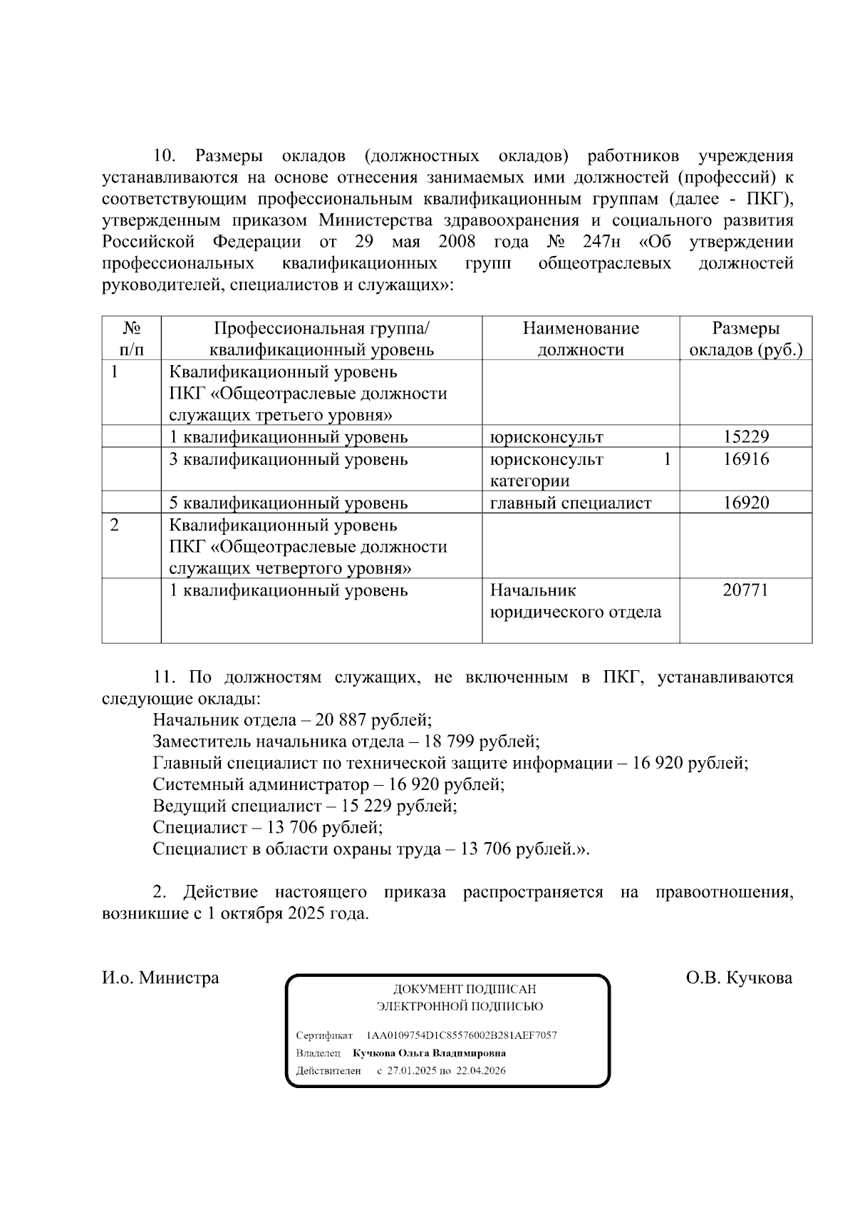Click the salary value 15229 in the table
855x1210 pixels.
745,437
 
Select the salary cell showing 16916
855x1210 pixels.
745,459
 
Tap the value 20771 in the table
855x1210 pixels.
745,590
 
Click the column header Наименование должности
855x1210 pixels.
581,339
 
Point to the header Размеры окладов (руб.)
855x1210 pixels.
745,339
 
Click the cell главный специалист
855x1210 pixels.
571,503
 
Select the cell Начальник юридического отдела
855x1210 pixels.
575,601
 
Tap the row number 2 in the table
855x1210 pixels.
114,525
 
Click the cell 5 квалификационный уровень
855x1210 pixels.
289,503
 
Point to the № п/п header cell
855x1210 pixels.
131,339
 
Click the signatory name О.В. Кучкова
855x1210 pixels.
739,978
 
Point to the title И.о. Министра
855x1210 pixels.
160,978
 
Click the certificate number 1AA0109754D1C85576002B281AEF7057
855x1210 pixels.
462,1035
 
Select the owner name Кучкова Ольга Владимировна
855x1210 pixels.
430,1053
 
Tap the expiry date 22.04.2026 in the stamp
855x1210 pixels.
481,1071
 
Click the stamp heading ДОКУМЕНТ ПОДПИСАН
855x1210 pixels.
465,990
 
